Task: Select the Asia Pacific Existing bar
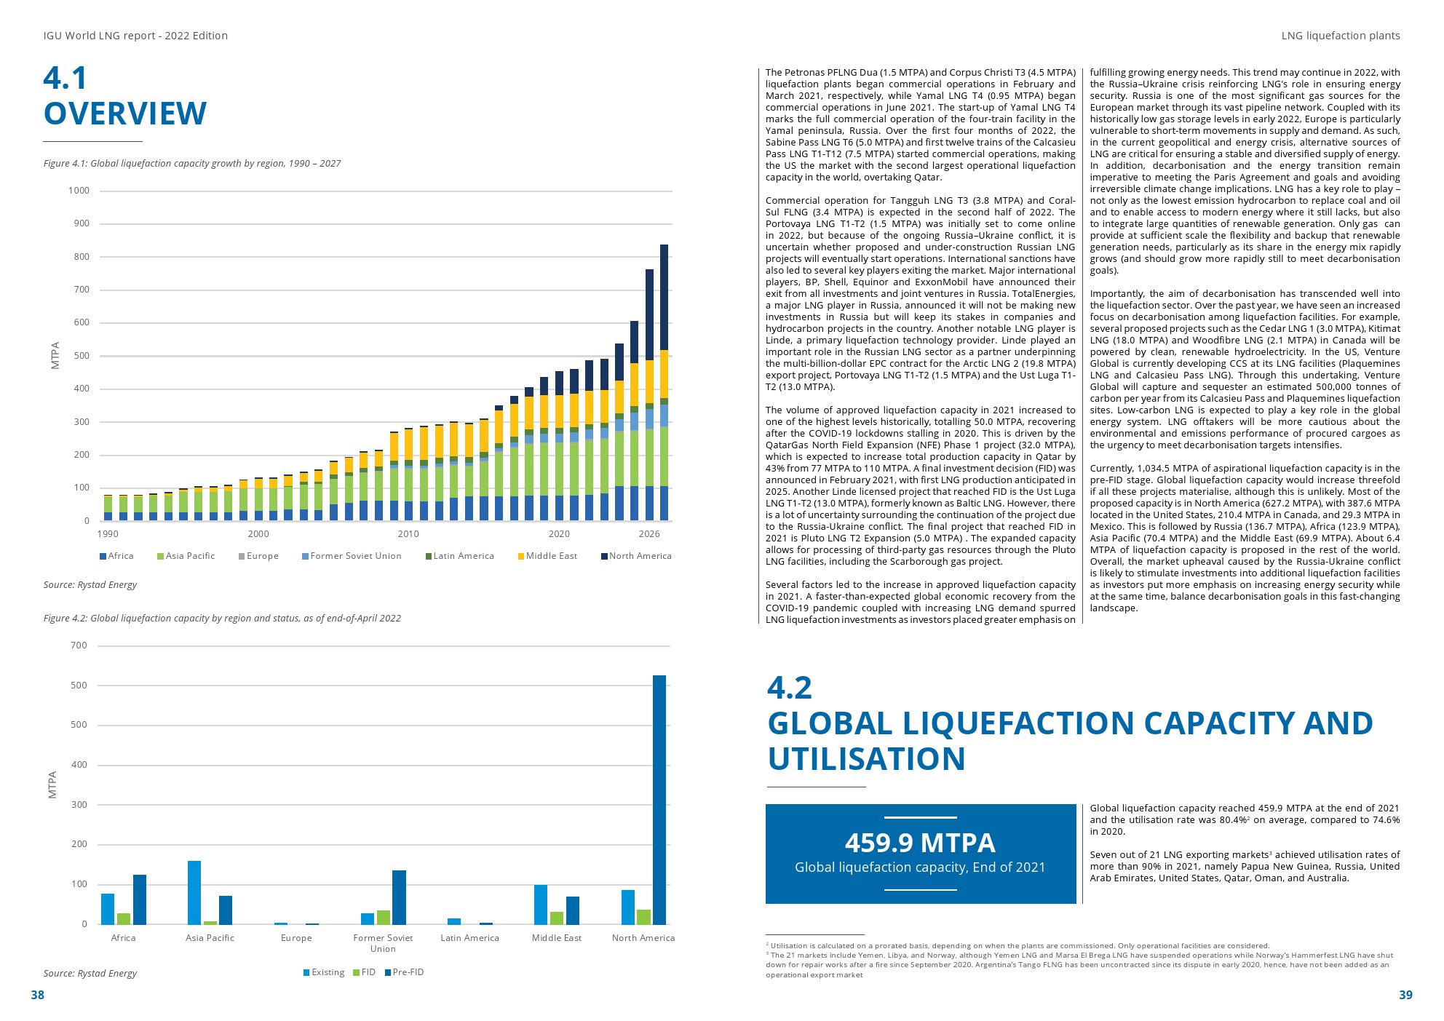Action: (194, 892)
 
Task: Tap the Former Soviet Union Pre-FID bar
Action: (399, 897)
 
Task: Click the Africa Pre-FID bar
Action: (140, 899)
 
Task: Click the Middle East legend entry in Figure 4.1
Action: (547, 556)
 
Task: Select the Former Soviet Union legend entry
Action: (352, 556)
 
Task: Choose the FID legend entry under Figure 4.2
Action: (365, 972)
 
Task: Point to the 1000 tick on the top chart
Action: (79, 191)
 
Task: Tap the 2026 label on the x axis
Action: (649, 534)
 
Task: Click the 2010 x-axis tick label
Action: (408, 534)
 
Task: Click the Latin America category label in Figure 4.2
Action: (469, 938)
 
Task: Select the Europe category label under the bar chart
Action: (296, 938)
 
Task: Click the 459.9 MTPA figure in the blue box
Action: (920, 843)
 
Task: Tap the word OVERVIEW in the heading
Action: (125, 114)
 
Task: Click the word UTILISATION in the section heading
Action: (866, 759)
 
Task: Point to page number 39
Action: (1405, 995)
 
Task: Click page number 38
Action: (37, 995)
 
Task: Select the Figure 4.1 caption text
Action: (192, 164)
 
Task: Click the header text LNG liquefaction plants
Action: (1340, 36)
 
